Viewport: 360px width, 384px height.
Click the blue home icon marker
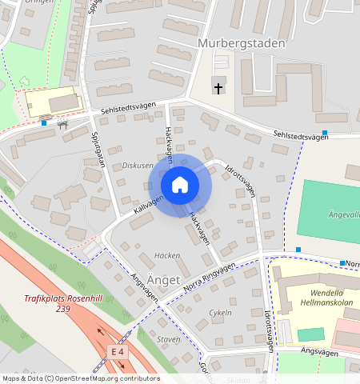tap(180, 185)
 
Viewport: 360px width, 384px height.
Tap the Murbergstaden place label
tap(240, 43)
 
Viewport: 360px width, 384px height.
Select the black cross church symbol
tap(218, 87)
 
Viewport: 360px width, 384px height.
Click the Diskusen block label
tap(138, 166)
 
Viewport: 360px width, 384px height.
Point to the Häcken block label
tap(166, 255)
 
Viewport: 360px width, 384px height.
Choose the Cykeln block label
tap(220, 312)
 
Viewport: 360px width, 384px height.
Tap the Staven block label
tap(169, 339)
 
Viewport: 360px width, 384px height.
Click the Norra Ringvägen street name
tap(209, 275)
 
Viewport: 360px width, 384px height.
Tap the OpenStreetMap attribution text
tap(80, 378)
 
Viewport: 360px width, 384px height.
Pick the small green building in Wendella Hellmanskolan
tap(310, 334)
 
